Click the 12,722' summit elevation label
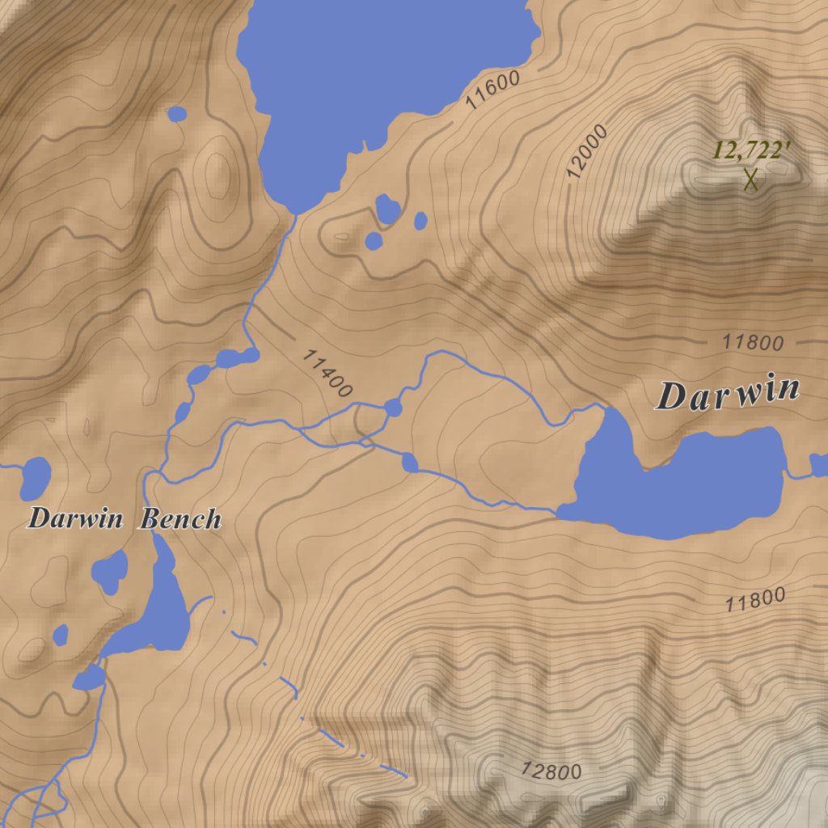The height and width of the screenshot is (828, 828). click(750, 150)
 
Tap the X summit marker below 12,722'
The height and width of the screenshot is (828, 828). click(751, 179)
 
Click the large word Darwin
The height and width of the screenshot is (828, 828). click(728, 394)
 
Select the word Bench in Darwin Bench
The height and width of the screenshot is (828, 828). click(181, 518)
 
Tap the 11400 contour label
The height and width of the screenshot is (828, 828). click(327, 373)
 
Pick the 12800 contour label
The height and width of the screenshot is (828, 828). click(551, 771)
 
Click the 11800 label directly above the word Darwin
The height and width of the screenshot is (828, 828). click(753, 343)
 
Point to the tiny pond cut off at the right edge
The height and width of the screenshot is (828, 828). click(819, 465)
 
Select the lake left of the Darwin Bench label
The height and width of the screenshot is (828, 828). click(35, 478)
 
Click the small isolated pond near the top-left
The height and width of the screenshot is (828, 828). click(177, 114)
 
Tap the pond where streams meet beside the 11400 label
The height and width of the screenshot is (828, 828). click(393, 408)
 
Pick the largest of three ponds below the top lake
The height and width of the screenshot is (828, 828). click(387, 209)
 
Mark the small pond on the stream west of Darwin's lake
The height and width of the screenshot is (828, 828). click(410, 463)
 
